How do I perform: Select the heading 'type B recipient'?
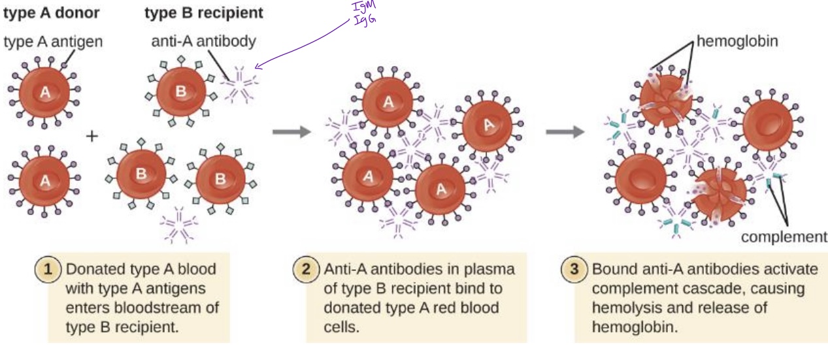204,12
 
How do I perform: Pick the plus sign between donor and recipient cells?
92,136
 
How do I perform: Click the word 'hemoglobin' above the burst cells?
737,42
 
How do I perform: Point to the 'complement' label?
784,237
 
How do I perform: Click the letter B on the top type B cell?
180,91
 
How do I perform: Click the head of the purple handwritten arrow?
257,66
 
